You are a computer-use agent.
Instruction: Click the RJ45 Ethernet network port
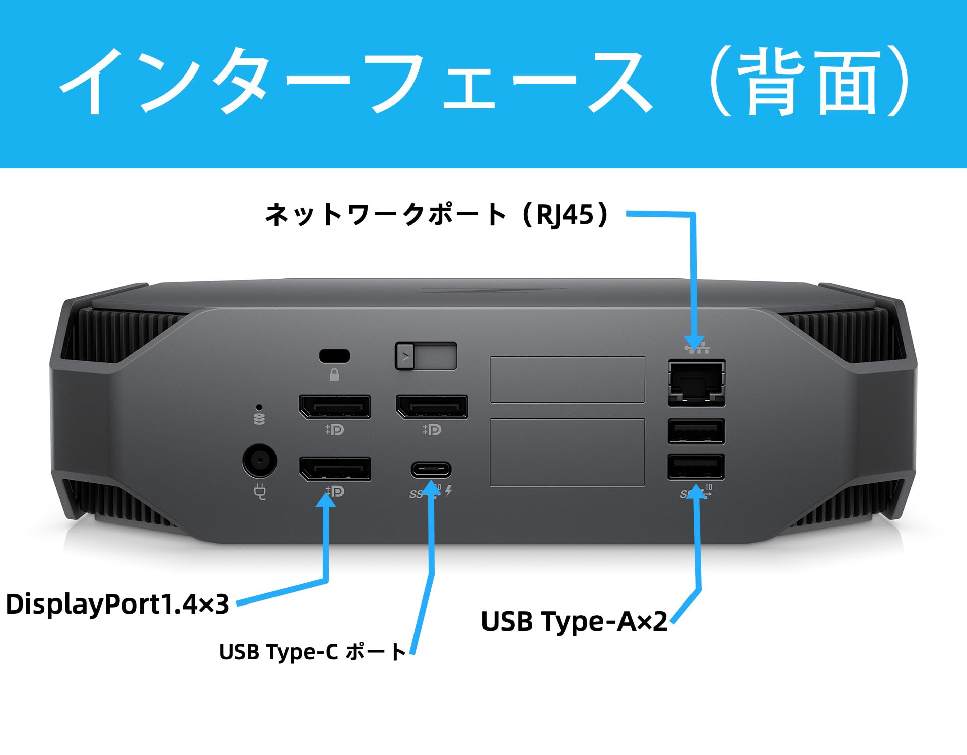697,382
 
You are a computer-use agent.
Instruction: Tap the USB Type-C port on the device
431,470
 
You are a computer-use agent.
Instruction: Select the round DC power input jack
259,460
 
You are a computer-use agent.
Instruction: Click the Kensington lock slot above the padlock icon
334,356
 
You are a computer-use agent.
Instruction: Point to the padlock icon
334,375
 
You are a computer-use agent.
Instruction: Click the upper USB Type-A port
696,431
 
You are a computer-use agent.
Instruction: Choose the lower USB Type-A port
696,467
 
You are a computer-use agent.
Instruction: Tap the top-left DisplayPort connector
334,407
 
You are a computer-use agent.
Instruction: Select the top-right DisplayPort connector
432,407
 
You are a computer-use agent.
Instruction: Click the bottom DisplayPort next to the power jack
334,468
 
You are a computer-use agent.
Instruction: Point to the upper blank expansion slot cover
567,380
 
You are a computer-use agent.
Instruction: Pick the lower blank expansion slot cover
567,452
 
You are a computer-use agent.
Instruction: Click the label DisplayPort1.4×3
117,604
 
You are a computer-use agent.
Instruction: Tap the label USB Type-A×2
574,621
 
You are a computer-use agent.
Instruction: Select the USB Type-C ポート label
312,652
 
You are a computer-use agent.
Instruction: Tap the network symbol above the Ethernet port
697,347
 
